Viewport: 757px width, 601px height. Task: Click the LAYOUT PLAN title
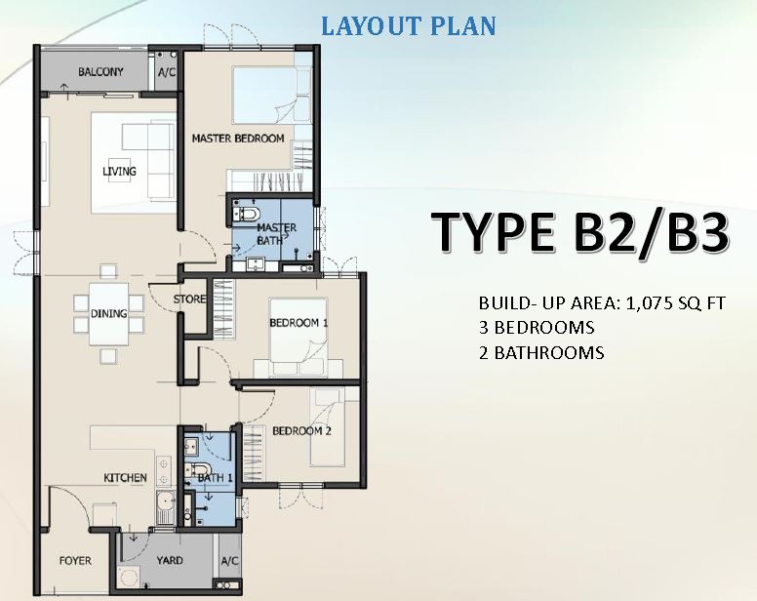click(x=409, y=26)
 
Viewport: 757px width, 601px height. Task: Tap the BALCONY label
click(x=100, y=72)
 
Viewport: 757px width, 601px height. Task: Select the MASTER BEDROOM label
click(x=238, y=139)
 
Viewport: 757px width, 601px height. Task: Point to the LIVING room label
click(x=119, y=172)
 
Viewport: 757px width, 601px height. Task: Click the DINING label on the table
click(x=109, y=314)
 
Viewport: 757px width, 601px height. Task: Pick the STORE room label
click(x=189, y=300)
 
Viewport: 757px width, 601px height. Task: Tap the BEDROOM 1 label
click(x=299, y=323)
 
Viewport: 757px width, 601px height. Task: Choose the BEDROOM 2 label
click(x=301, y=430)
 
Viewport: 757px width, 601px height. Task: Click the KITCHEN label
click(x=125, y=478)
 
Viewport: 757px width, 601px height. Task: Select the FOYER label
click(x=75, y=561)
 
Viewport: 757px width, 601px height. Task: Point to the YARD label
click(x=170, y=560)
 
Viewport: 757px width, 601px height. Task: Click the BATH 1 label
click(x=216, y=478)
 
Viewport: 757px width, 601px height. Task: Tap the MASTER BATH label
click(x=276, y=233)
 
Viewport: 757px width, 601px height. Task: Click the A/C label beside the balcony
click(x=167, y=72)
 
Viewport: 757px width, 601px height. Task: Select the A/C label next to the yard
click(x=230, y=561)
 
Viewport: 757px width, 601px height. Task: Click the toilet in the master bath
click(x=247, y=213)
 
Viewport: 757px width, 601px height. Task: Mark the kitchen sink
click(x=165, y=507)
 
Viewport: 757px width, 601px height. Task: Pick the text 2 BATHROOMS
click(x=541, y=353)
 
